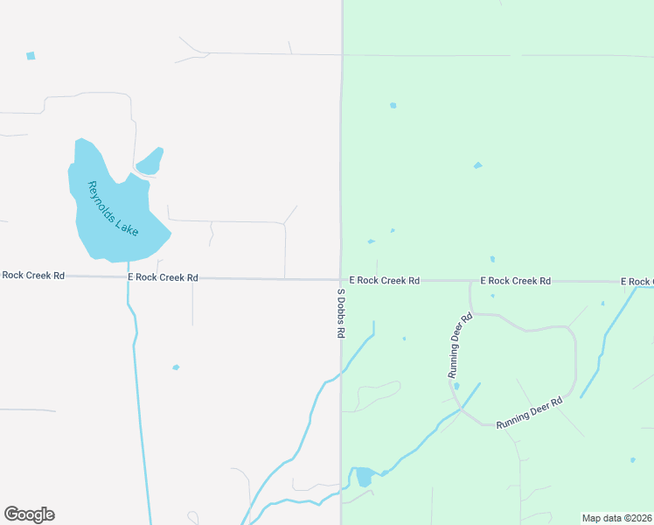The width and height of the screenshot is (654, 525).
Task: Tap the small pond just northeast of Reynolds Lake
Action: pyautogui.click(x=150, y=161)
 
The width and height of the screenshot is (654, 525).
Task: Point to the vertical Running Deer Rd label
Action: pyautogui.click(x=460, y=345)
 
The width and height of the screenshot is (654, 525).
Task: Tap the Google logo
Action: pyautogui.click(x=29, y=514)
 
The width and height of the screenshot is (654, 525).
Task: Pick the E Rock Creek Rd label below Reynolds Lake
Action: pyautogui.click(x=163, y=277)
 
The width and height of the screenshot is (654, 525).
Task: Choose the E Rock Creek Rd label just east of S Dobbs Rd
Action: pyautogui.click(x=385, y=281)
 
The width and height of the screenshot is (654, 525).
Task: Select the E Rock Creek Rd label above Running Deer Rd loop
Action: pyautogui.click(x=516, y=281)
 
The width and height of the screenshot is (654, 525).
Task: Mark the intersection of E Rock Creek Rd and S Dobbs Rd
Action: pyautogui.click(x=341, y=280)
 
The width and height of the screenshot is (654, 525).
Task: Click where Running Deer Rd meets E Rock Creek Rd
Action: pyautogui.click(x=470, y=282)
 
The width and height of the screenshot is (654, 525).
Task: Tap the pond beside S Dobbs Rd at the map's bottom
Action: pyautogui.click(x=363, y=477)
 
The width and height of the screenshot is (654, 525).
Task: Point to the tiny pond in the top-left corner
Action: pyautogui.click(x=31, y=56)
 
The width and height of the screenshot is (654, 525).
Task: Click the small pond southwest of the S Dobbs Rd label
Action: pyautogui.click(x=176, y=367)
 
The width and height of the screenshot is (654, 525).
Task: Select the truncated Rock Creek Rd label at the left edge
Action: pyautogui.click(x=32, y=275)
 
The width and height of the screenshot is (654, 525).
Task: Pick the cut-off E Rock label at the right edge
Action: pyautogui.click(x=637, y=282)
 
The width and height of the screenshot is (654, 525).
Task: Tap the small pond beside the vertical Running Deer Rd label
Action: pyautogui.click(x=456, y=386)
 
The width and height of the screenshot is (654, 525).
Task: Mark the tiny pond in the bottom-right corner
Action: pyautogui.click(x=633, y=460)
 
